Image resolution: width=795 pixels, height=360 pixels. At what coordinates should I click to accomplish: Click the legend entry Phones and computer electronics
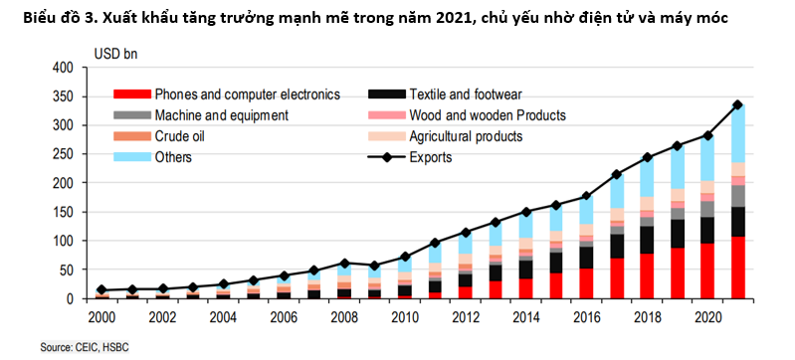(247, 94)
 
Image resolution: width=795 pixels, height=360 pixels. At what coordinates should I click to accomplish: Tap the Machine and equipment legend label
(221, 115)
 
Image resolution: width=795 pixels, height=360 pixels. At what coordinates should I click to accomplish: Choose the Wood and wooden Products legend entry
(488, 115)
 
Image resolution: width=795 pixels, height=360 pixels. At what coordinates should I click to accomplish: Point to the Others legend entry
(173, 157)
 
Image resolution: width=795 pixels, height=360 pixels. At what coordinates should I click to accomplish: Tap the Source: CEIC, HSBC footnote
(85, 347)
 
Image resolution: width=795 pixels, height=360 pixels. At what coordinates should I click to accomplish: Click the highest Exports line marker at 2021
(737, 104)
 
